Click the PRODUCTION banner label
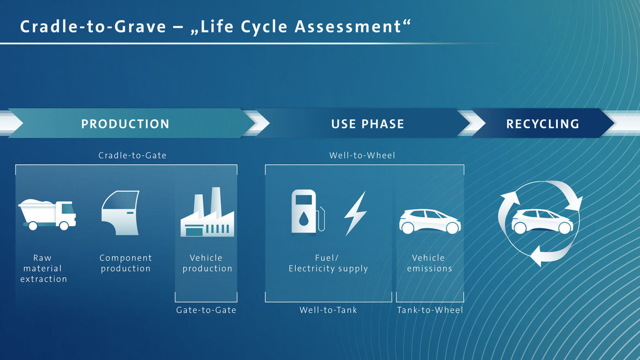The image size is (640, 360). (x=125, y=124)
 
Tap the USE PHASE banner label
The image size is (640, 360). (x=367, y=124)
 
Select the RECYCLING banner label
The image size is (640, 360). (x=542, y=124)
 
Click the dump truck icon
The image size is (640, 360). (x=47, y=214)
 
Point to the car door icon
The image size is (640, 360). (x=121, y=213)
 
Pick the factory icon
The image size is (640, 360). (x=207, y=212)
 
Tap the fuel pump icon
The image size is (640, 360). (x=308, y=212)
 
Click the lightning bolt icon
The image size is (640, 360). (x=355, y=214)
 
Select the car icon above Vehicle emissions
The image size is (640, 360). (x=430, y=221)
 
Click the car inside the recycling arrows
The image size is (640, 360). (x=542, y=221)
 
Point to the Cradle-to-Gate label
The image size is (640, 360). (x=132, y=155)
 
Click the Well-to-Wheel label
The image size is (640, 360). (x=362, y=155)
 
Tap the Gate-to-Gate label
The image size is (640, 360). (x=206, y=310)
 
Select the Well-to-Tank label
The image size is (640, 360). (x=328, y=310)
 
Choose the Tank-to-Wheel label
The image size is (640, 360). (x=430, y=310)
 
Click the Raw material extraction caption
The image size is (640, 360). (x=43, y=268)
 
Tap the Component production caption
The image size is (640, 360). (x=126, y=263)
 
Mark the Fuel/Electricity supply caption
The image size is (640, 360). (x=328, y=263)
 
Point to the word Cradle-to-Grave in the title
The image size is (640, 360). (x=93, y=27)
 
